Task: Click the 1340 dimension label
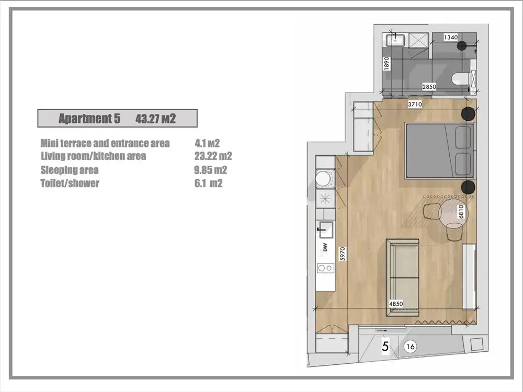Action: [x=451, y=37]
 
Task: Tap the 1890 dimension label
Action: [x=386, y=63]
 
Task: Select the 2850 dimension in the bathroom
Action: [x=429, y=87]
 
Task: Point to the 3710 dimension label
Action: [x=415, y=105]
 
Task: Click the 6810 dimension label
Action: [x=461, y=211]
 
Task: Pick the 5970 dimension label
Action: [x=342, y=253]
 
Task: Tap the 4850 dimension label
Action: [x=396, y=304]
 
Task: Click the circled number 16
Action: [x=410, y=347]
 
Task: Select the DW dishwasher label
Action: [x=325, y=247]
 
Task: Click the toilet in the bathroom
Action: [x=460, y=79]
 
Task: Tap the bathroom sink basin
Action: [x=395, y=40]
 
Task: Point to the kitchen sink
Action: [x=325, y=229]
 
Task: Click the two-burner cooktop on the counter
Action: [x=325, y=268]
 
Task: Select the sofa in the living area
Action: [x=402, y=278]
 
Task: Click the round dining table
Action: [x=453, y=213]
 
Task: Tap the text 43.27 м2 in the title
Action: [x=155, y=119]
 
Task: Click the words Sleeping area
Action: [x=70, y=170]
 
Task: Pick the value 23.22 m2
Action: [x=213, y=156]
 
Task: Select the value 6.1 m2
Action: [x=209, y=183]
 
